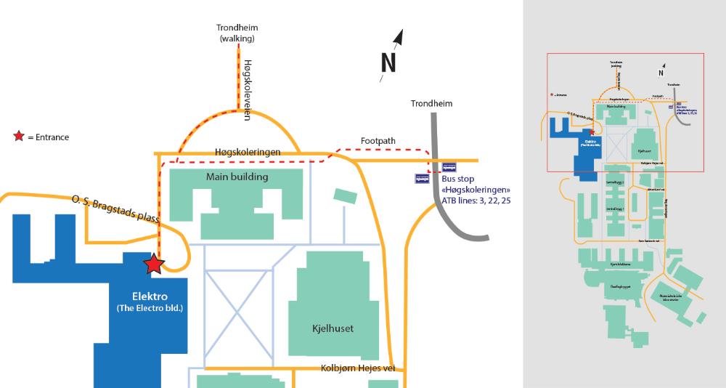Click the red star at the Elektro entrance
[x=153, y=264]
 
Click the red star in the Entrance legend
[x=19, y=137]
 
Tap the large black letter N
[x=388, y=64]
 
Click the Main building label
[x=237, y=177]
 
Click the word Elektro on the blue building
[x=150, y=296]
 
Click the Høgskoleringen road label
[x=248, y=152]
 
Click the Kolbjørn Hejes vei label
[x=359, y=368]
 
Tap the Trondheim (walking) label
[x=237, y=33]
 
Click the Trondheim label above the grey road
[x=431, y=103]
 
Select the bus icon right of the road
[x=450, y=166]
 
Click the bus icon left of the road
[x=422, y=178]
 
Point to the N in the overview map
[x=661, y=73]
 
